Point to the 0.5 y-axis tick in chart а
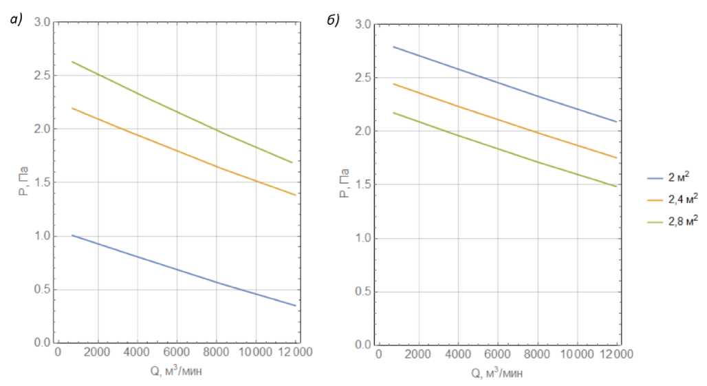coord(42,290)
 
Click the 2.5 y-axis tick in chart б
coord(363,78)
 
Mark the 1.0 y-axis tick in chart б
coord(363,239)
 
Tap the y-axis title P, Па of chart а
coord(23,182)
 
